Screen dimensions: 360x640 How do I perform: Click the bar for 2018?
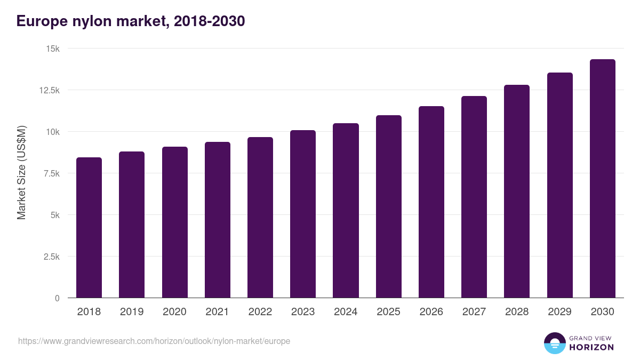(x=89, y=228)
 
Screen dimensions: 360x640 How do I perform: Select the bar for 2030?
(x=602, y=179)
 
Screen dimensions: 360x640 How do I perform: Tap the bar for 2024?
(x=346, y=211)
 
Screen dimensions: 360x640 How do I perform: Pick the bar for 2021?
(x=218, y=220)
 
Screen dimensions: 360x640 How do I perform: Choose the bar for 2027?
(x=474, y=197)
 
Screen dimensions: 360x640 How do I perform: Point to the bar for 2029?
(x=559, y=185)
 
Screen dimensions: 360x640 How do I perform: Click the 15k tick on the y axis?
(x=52, y=49)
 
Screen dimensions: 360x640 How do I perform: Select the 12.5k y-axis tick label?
(x=49, y=90)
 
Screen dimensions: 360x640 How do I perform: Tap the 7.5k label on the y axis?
(x=51, y=173)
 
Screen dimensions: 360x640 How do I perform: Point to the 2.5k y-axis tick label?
(x=51, y=257)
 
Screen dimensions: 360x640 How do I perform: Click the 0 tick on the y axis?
(x=57, y=298)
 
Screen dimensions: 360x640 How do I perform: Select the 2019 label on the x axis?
(x=132, y=312)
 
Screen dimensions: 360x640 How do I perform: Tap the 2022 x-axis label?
(x=260, y=312)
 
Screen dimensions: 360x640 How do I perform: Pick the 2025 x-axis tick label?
(x=388, y=312)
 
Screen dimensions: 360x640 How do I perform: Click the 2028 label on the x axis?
(x=517, y=312)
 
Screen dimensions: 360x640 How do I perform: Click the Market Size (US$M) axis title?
(x=21, y=173)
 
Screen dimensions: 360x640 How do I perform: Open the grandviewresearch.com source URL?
(x=154, y=341)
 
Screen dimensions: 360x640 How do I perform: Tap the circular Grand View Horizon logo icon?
(x=554, y=343)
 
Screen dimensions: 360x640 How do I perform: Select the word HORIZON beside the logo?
(x=591, y=347)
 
